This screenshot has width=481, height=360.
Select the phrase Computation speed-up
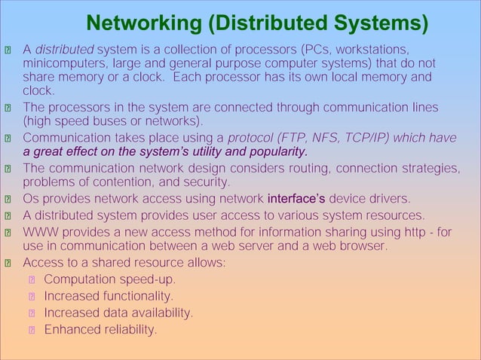(x=109, y=280)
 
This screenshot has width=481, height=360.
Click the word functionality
(x=136, y=297)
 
